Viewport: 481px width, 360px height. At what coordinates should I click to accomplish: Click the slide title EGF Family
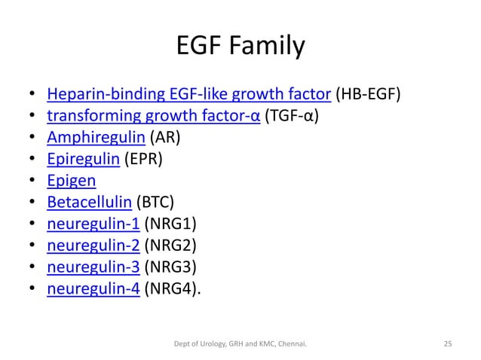point(240,47)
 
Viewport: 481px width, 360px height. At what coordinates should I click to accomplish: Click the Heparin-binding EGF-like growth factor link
point(189,96)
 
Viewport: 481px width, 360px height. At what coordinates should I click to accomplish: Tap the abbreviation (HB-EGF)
point(368,96)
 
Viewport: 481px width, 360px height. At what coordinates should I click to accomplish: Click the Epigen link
point(71,182)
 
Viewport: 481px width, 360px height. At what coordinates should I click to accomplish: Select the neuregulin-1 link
point(93,225)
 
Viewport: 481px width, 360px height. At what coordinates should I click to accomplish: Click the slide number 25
point(446,344)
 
